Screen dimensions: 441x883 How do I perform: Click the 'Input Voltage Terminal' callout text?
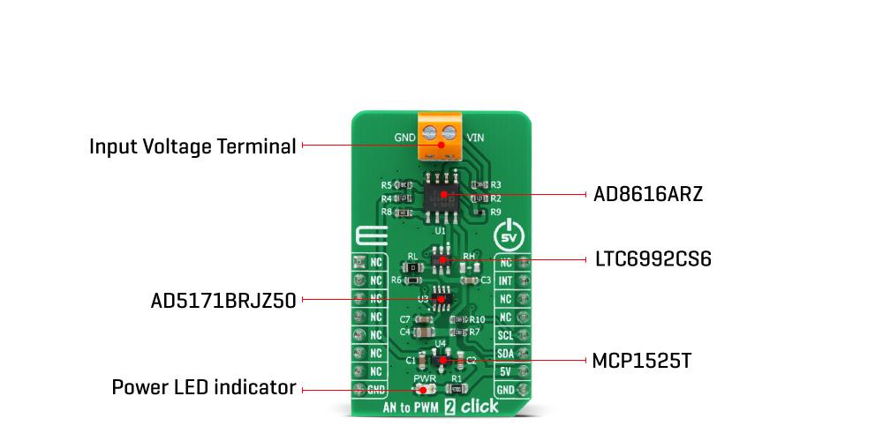click(x=192, y=146)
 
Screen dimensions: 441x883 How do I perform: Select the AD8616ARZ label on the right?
click(x=648, y=195)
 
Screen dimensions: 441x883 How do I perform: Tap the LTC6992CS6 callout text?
click(x=652, y=260)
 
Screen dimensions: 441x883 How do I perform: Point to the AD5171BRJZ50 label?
click(x=223, y=300)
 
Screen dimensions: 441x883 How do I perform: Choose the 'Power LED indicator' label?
click(x=203, y=387)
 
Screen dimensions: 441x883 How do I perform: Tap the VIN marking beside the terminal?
click(x=474, y=138)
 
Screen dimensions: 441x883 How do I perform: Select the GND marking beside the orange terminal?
click(x=404, y=138)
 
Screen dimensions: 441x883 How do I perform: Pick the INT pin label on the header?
click(x=506, y=281)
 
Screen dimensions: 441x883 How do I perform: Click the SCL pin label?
click(x=506, y=335)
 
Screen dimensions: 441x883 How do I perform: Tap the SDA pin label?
click(x=506, y=354)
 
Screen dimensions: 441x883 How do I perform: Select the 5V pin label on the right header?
click(x=506, y=371)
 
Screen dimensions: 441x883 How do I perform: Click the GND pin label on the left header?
click(x=376, y=389)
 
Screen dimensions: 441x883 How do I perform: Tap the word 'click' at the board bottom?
click(x=479, y=407)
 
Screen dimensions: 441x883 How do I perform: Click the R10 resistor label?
click(x=477, y=319)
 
